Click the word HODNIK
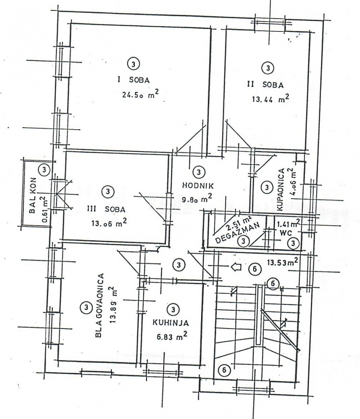(x=198, y=185)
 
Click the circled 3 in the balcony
(x=45, y=170)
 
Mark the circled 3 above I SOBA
(x=133, y=63)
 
